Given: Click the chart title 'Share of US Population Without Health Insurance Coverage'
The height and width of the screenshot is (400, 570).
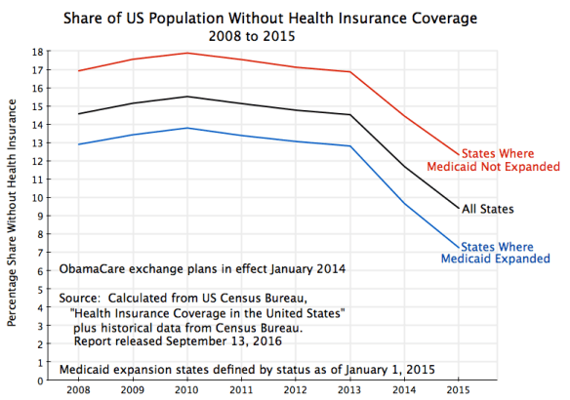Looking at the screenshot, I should (x=285, y=18).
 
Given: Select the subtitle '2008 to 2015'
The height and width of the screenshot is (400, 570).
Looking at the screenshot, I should (x=285, y=34).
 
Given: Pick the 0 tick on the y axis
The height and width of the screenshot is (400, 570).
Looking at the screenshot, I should (x=39, y=380).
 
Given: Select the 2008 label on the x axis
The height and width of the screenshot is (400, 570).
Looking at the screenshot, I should (x=79, y=390).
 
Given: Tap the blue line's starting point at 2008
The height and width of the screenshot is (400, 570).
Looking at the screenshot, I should (x=79, y=144).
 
